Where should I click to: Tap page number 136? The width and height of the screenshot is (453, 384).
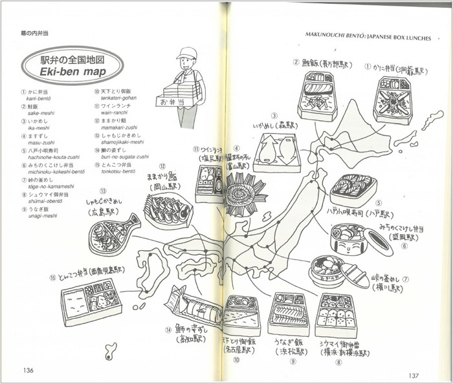click(x=28, y=370)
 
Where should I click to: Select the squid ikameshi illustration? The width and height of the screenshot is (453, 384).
click(x=276, y=155)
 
